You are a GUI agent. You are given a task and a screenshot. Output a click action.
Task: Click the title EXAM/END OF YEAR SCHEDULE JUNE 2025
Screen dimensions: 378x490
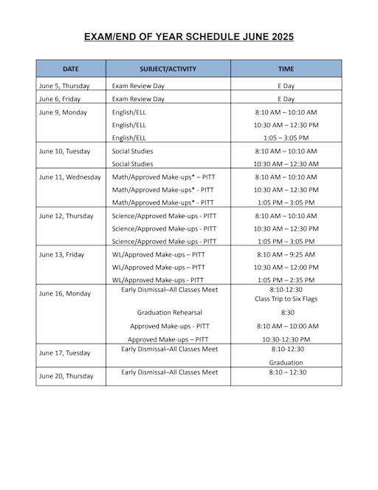tap(188, 36)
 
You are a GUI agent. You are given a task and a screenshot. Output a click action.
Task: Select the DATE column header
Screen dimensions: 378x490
tap(71, 69)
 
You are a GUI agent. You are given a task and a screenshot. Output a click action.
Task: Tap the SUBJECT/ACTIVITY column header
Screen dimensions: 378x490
tap(169, 69)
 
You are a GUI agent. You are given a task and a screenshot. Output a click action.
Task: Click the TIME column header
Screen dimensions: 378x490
tap(286, 69)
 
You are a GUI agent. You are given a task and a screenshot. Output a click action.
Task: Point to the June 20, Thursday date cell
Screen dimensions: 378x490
tap(66, 376)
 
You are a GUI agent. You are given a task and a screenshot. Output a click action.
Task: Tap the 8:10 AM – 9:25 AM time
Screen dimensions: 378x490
tap(286, 254)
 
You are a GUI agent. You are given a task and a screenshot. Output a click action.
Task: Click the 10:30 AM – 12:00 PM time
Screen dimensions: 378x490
tap(286, 267)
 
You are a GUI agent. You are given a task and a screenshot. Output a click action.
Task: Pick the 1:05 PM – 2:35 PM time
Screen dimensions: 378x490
tap(286, 280)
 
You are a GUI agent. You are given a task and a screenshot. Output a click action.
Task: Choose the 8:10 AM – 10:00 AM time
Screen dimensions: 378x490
tap(286, 326)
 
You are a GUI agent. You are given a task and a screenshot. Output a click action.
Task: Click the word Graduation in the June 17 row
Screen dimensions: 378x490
tap(286, 362)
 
